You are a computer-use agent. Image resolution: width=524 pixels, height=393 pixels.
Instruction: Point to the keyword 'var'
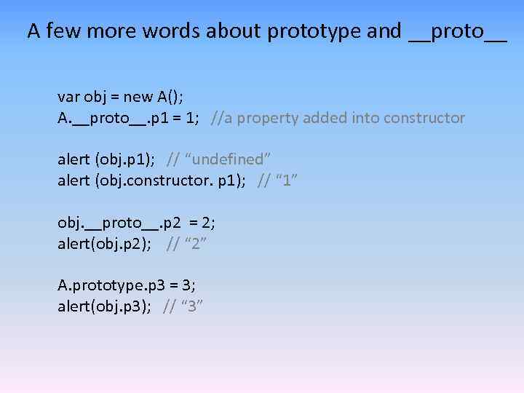coord(69,97)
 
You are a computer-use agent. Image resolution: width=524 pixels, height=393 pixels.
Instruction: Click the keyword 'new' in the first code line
coord(138,97)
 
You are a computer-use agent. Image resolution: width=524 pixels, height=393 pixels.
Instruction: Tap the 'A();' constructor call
coord(171,97)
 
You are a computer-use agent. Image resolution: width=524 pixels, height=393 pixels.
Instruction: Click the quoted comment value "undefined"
coord(232,159)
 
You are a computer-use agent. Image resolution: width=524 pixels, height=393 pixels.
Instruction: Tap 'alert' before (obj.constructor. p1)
coord(74,180)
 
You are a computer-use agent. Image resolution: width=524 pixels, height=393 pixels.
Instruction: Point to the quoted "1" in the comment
coord(287,180)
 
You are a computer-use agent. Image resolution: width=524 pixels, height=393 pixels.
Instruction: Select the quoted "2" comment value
coord(196,243)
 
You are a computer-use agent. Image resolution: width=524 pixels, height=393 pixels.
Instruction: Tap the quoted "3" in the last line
coord(192,306)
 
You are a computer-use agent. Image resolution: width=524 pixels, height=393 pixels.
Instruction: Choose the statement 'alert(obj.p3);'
coord(104,306)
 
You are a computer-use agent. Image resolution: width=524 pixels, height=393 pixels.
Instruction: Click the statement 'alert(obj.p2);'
coord(104,243)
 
